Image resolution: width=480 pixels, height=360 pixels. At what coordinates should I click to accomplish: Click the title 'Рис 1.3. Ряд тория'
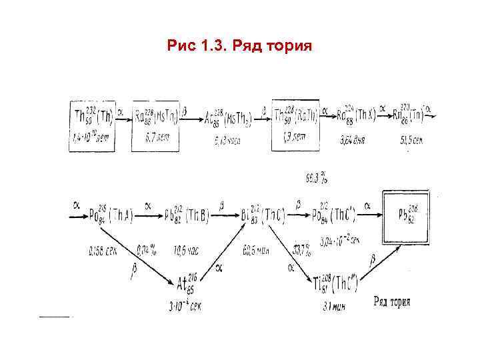pyautogui.click(x=239, y=47)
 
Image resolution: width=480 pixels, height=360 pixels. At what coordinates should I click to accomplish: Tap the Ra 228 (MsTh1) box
pyautogui.click(x=155, y=125)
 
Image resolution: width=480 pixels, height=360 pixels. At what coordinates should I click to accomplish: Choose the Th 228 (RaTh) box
pyautogui.click(x=295, y=125)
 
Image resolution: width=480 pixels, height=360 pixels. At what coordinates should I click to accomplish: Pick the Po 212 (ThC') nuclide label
pyautogui.click(x=336, y=215)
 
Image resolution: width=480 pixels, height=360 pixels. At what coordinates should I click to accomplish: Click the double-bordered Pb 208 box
pyautogui.click(x=410, y=215)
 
